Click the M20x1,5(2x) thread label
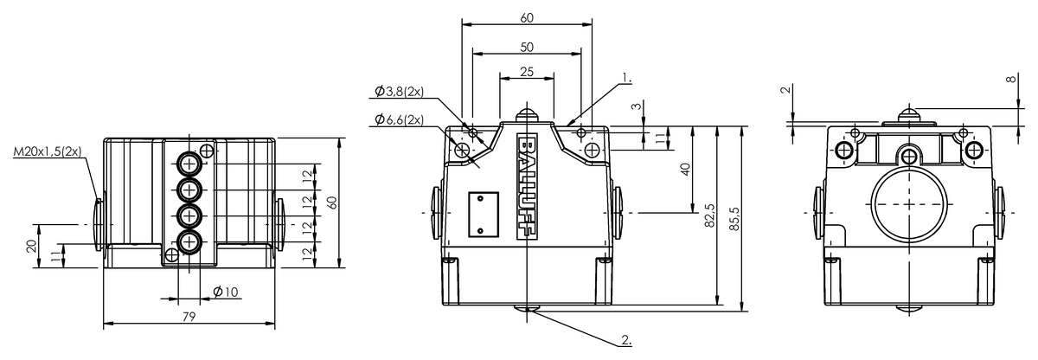(48, 152)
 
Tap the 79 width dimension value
(189, 317)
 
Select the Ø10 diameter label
(226, 292)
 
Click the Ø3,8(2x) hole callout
(400, 91)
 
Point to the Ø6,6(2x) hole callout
(400, 120)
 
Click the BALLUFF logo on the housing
(528, 187)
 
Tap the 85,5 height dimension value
(734, 219)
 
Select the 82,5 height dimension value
(709, 215)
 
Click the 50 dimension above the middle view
(527, 48)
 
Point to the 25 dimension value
(527, 72)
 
